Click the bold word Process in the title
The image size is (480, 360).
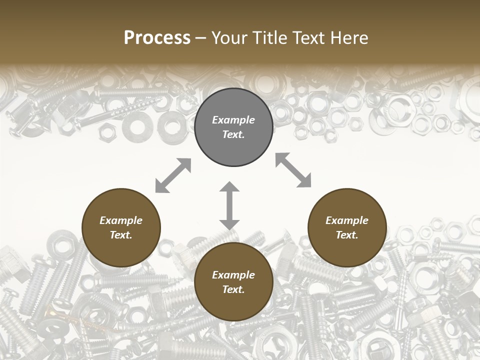pos(157,38)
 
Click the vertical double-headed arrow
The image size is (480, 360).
pos(229,205)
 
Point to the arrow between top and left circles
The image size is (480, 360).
pos(173,175)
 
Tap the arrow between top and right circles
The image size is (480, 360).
pos(293,170)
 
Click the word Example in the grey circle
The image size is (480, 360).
pos(233,120)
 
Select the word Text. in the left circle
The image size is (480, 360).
pos(121,235)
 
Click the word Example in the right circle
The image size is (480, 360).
pos(347,220)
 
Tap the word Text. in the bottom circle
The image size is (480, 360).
pos(233,289)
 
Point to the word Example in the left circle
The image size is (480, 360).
pos(121,220)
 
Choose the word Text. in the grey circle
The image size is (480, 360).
pos(233,134)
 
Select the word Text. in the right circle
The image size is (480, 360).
pos(347,235)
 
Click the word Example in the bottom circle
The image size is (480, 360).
pos(233,275)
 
